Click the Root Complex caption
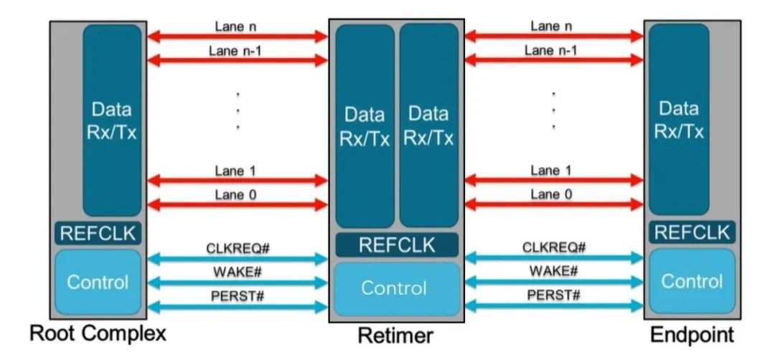point(98,334)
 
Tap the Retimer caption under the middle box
point(395,336)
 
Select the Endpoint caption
point(692,335)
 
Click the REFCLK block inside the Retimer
point(397,245)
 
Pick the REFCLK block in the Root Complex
point(98,234)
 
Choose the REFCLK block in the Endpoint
point(692,232)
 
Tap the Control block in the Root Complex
point(98,282)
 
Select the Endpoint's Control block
point(692,280)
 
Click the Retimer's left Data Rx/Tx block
point(365,126)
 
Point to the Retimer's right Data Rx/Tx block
point(428,125)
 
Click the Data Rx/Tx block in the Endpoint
point(679,119)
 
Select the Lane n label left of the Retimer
point(236,27)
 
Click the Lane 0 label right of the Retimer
point(552,194)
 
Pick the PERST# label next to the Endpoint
point(553,295)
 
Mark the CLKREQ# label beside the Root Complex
point(238,248)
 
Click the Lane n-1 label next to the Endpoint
point(550,50)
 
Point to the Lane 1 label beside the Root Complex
point(236,171)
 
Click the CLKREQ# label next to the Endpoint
point(553,247)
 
